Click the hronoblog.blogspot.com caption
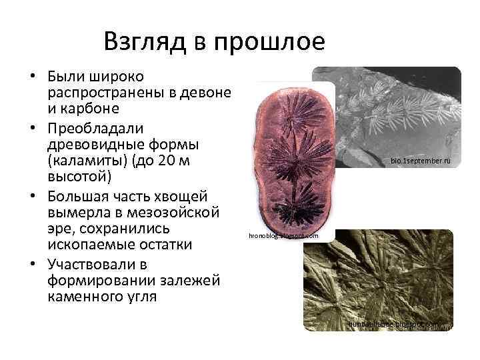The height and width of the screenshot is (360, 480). (x=283, y=236)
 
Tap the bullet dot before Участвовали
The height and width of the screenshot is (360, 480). (x=33, y=264)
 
